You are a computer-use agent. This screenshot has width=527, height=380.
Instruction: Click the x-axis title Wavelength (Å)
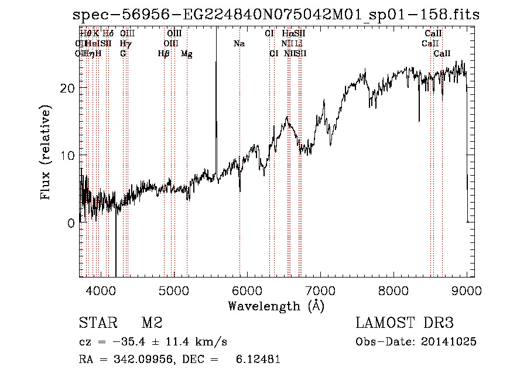click(x=276, y=306)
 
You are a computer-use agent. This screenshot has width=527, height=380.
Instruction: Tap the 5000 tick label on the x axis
click(x=174, y=290)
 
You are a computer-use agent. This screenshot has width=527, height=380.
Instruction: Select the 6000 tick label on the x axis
click(x=247, y=290)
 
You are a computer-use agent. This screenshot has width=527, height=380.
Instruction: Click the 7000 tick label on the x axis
click(x=320, y=290)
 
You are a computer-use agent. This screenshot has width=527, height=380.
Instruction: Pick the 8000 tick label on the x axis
click(x=393, y=290)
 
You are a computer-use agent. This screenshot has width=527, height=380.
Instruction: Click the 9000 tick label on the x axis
click(x=467, y=290)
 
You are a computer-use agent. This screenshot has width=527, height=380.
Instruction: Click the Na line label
click(x=239, y=44)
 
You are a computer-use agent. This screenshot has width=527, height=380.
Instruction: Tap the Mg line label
click(x=186, y=54)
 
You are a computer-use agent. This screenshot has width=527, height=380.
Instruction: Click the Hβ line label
click(x=163, y=54)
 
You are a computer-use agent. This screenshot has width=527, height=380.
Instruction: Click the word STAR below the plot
click(x=98, y=323)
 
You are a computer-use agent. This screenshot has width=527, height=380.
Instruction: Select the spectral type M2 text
click(x=152, y=323)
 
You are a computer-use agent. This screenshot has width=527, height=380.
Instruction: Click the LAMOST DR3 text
click(x=405, y=323)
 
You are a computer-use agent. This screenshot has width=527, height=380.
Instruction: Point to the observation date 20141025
click(x=449, y=342)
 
